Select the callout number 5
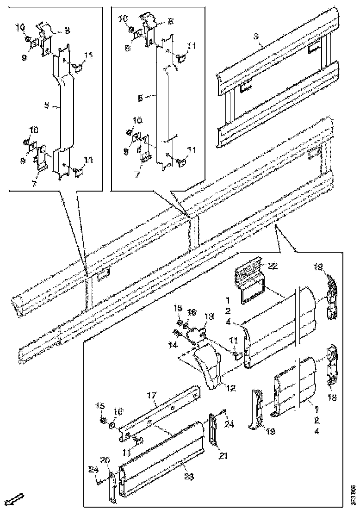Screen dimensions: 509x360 point(47,106)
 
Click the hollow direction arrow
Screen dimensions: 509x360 point(16,499)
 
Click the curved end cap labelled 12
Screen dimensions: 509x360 point(211,366)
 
